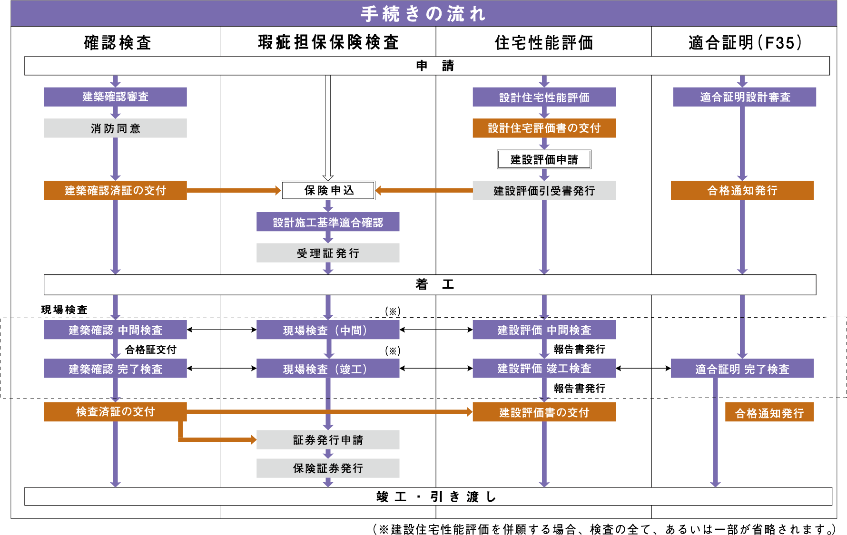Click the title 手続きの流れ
click(423, 13)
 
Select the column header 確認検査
click(118, 43)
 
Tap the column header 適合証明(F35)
click(745, 43)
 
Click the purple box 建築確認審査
click(115, 97)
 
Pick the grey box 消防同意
click(115, 128)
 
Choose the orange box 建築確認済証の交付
click(115, 190)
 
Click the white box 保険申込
click(328, 190)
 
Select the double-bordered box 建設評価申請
click(544, 159)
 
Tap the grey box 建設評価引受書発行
click(544, 190)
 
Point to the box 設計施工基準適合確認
click(328, 222)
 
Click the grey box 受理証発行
click(328, 253)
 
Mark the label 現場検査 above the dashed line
click(64, 310)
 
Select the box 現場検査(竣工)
click(328, 369)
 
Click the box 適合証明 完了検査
click(742, 369)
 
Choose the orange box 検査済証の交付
click(115, 412)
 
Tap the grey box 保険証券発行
click(328, 468)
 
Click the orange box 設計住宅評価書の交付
click(544, 128)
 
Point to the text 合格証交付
click(150, 350)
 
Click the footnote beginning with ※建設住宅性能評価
click(604, 529)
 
